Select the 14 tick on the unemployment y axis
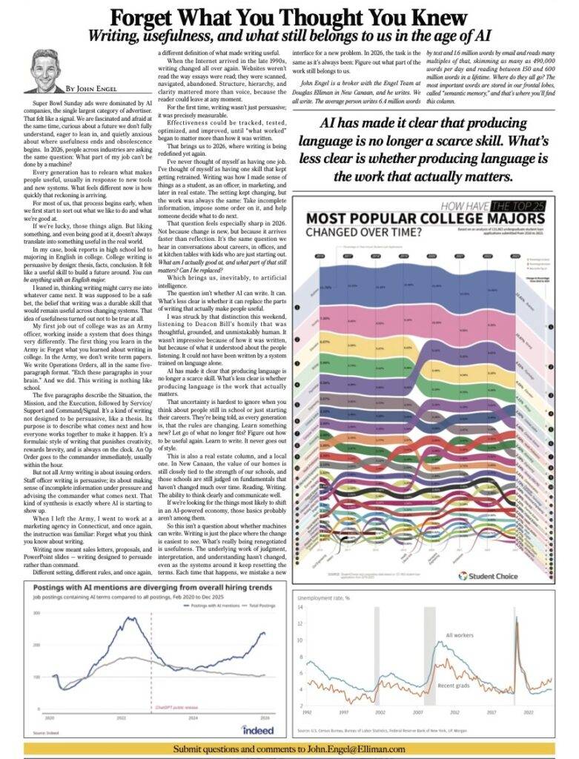coord(300,607)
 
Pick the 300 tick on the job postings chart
coord(36,634)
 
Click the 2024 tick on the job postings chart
coord(193,717)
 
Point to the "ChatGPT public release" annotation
coord(168,707)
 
